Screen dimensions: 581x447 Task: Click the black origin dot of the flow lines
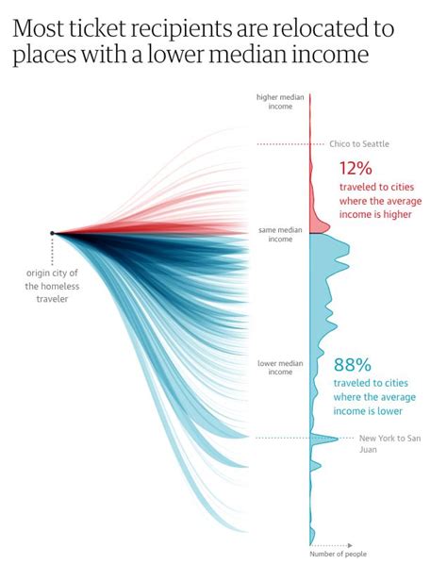pos(53,233)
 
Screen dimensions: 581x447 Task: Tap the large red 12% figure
pos(356,170)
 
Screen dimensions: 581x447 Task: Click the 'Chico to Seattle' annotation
pos(358,144)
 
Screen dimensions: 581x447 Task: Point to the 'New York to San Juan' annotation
pos(387,443)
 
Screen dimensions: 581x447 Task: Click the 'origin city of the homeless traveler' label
pos(47,286)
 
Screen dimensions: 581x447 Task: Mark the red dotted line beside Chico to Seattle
pos(282,144)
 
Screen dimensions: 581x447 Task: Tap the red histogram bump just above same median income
pos(319,226)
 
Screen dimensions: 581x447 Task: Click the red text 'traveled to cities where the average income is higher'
pos(380,207)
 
